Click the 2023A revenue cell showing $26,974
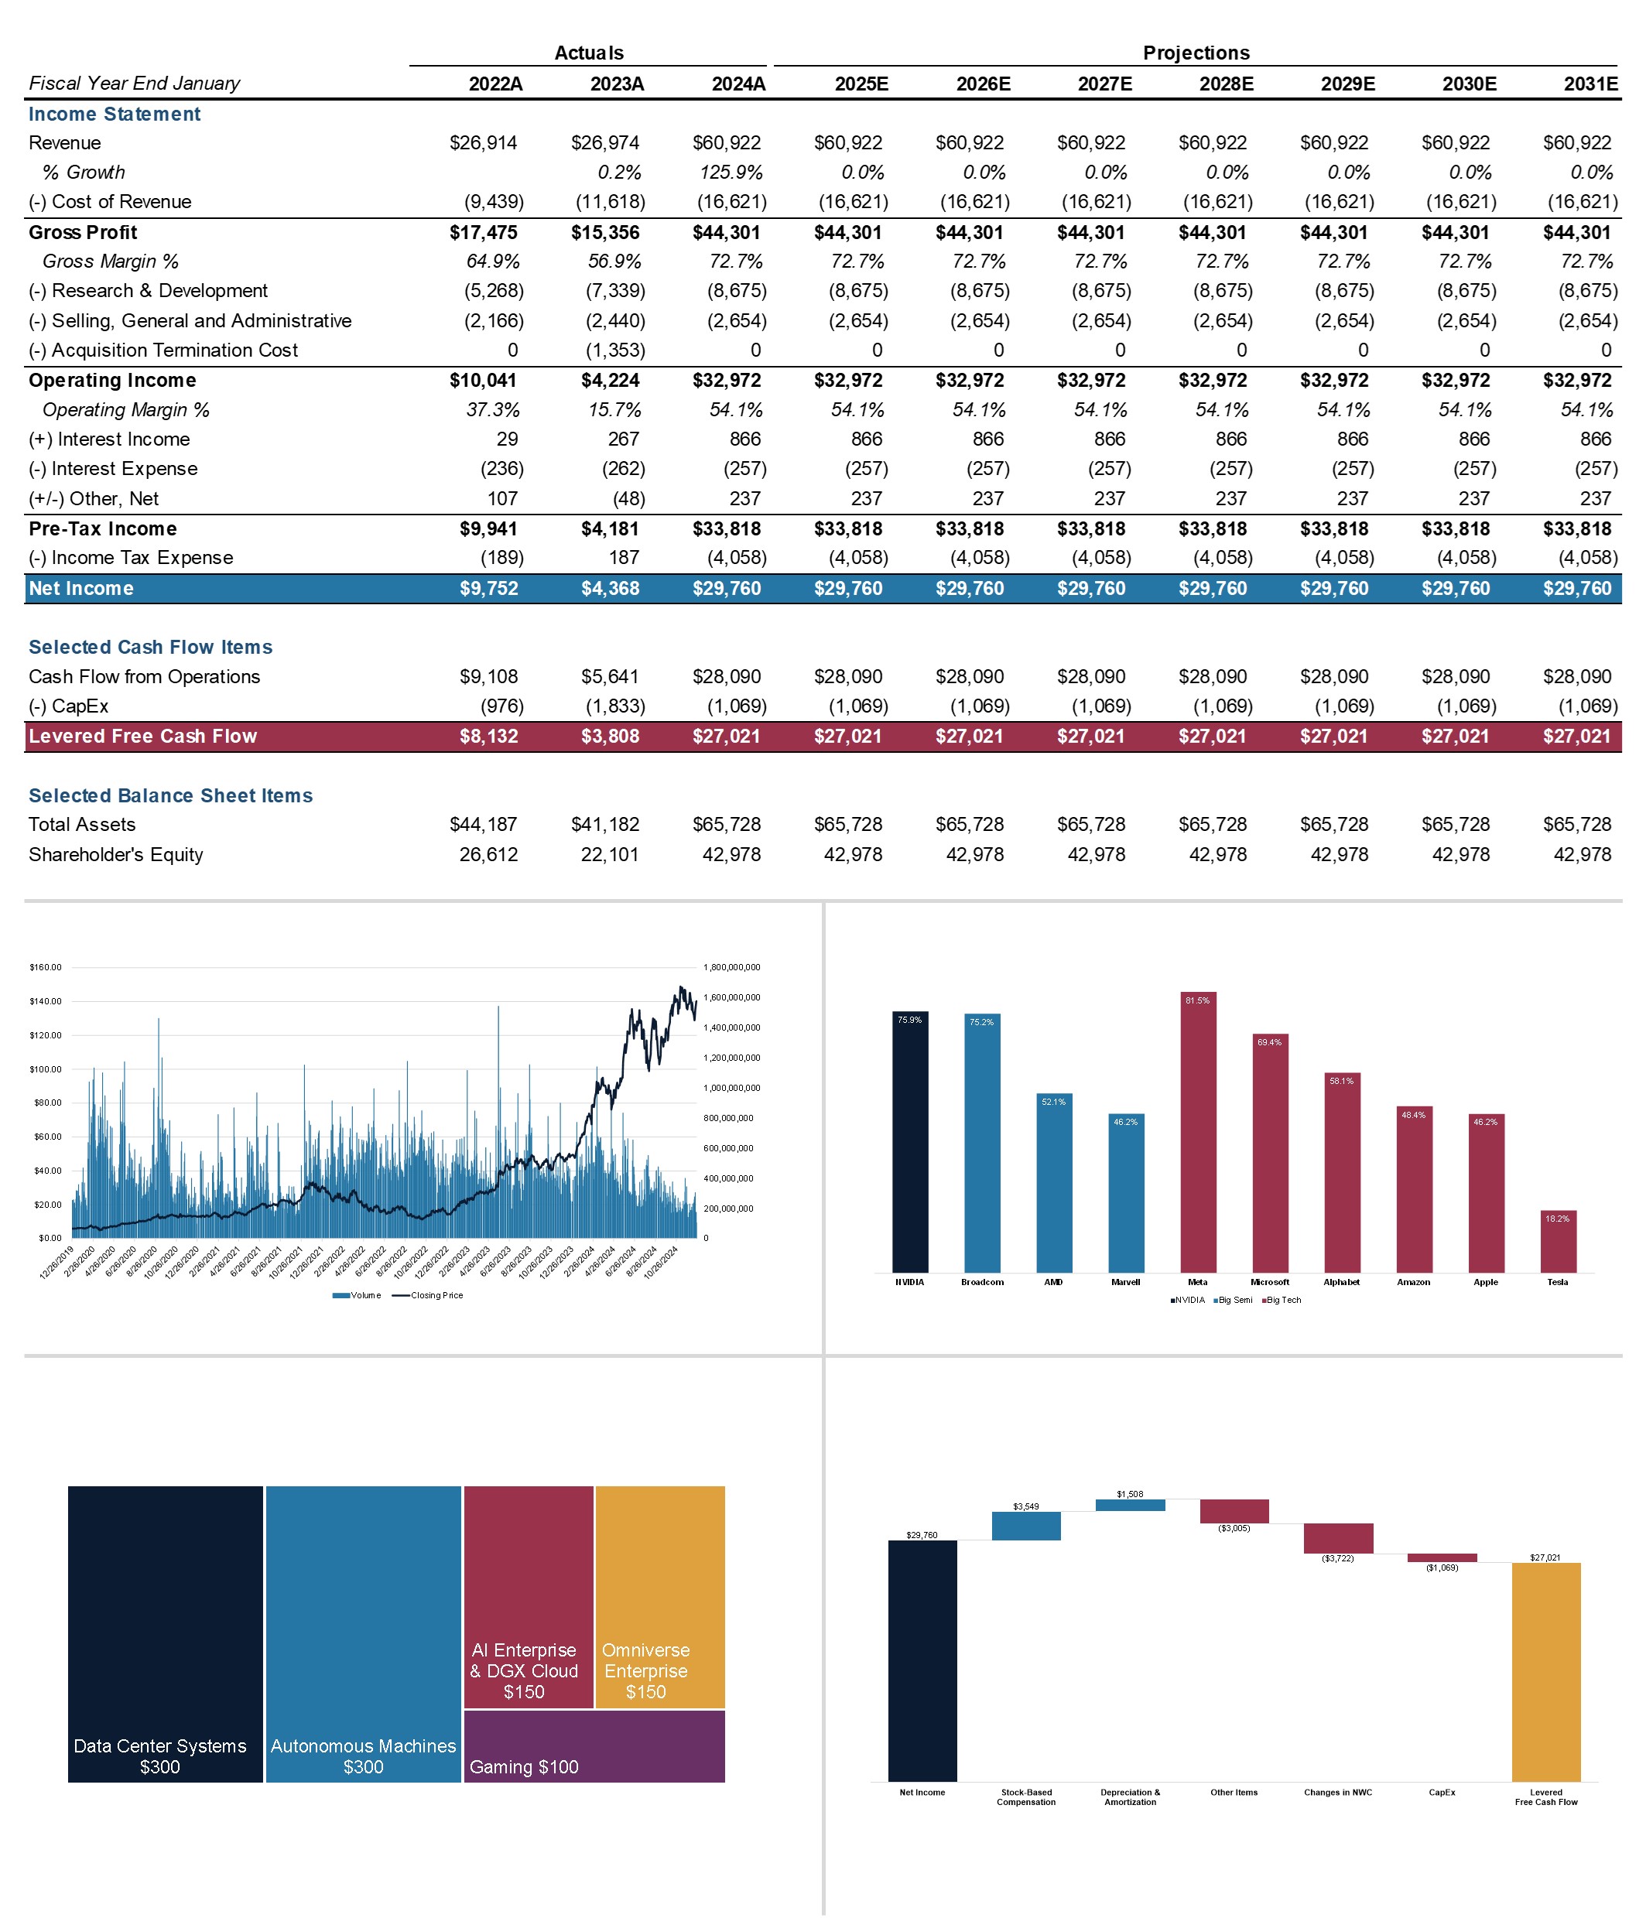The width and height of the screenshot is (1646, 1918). [604, 142]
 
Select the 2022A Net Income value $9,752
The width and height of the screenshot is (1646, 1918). [489, 589]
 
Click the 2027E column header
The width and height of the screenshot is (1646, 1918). [1104, 84]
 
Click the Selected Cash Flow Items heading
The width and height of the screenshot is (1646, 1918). [151, 647]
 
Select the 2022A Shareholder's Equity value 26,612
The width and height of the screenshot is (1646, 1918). [489, 854]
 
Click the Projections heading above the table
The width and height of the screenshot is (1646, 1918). [1196, 53]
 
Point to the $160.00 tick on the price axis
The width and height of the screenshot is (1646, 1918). [46, 967]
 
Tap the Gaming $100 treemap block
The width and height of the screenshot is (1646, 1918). [594, 1745]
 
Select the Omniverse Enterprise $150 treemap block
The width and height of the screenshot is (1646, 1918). [659, 1596]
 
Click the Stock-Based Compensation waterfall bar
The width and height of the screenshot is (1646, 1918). [1025, 1527]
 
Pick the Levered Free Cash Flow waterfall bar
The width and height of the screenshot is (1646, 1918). [1545, 1671]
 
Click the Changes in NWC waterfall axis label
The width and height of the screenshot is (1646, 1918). [1338, 1792]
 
